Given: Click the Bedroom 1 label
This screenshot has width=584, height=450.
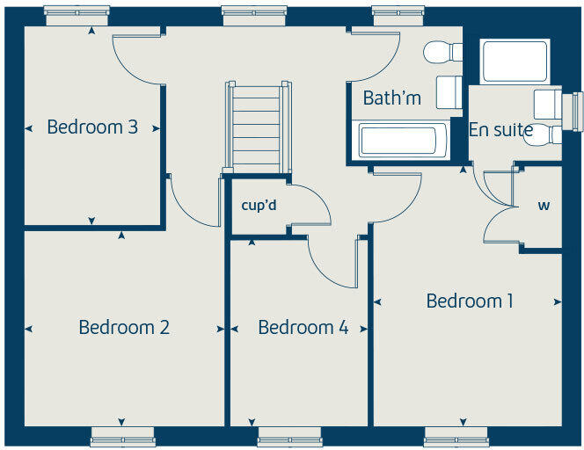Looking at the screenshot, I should pyautogui.click(x=470, y=301).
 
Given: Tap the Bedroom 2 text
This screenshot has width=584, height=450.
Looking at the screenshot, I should pyautogui.click(x=124, y=328).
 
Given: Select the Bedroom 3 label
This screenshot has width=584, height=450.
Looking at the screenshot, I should pyautogui.click(x=92, y=127).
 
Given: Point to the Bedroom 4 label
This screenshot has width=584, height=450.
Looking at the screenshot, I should pyautogui.click(x=303, y=328).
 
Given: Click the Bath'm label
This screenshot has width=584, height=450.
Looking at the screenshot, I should pyautogui.click(x=391, y=98).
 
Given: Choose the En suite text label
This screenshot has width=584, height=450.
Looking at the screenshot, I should pyautogui.click(x=500, y=130).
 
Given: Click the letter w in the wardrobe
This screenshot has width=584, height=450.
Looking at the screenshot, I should pyautogui.click(x=544, y=207).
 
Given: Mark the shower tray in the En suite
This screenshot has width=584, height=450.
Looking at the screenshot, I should pyautogui.click(x=515, y=61).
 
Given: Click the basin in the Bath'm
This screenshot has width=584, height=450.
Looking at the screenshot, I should pyautogui.click(x=448, y=91).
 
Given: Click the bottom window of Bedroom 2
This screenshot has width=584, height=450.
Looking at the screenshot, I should pyautogui.click(x=122, y=437).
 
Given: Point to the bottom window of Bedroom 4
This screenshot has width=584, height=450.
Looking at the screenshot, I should pyautogui.click(x=289, y=437).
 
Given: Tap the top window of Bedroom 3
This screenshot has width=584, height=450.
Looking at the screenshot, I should pyautogui.click(x=77, y=11).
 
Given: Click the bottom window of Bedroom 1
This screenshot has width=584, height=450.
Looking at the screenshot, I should pyautogui.click(x=456, y=437).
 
